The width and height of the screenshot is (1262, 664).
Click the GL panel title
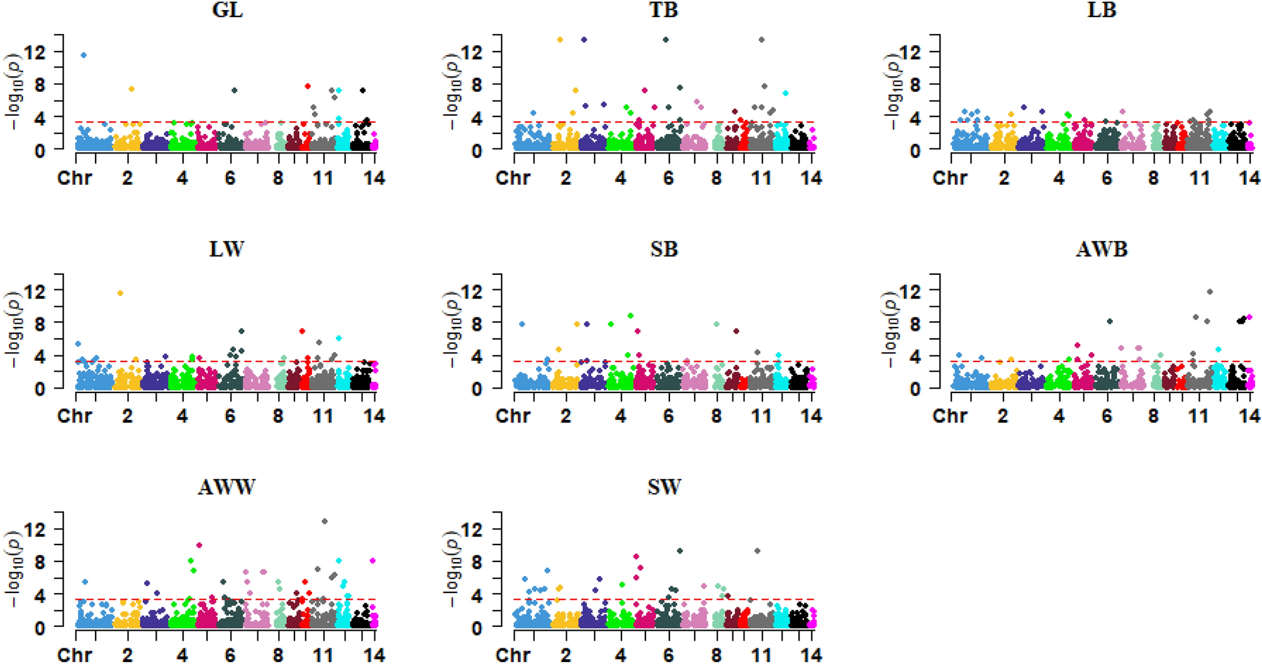tap(227, 10)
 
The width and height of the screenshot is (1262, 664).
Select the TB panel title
tap(664, 10)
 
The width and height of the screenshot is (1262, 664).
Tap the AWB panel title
tap(1102, 250)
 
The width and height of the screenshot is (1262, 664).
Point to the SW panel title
tap(664, 487)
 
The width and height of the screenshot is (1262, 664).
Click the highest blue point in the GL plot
tap(84, 55)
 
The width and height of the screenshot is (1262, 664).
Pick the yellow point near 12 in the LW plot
tap(120, 293)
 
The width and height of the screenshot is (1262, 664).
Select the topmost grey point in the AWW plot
tap(325, 521)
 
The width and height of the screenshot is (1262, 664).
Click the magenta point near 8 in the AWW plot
tap(372, 560)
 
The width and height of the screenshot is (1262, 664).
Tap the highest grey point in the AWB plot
tap(1210, 292)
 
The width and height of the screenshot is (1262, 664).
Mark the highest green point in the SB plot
tap(630, 316)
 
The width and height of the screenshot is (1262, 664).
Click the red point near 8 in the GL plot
tap(308, 86)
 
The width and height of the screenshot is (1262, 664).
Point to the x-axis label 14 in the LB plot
tap(1249, 178)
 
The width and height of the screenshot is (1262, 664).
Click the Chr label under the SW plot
tap(513, 655)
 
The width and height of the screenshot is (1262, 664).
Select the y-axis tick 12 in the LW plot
tap(36, 290)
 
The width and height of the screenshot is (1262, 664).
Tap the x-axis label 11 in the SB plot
tap(761, 416)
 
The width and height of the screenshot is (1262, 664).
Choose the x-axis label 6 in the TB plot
tap(668, 178)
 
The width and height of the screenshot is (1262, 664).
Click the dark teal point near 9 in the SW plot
tap(679, 551)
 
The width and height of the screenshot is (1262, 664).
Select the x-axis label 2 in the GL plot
tap(128, 178)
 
